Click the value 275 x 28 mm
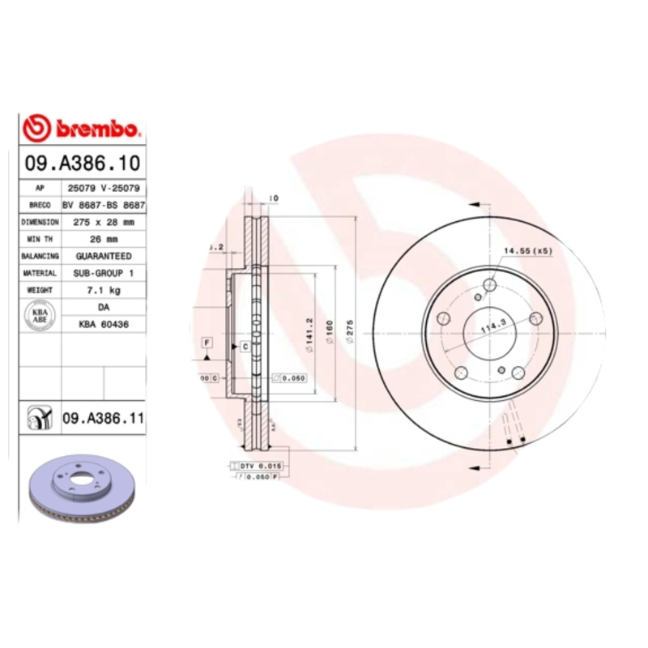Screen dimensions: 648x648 click(x=103, y=221)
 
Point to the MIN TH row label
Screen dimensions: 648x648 click(x=40, y=238)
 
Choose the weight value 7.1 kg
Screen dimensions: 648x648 click(x=103, y=289)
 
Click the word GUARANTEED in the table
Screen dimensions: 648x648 click(x=103, y=255)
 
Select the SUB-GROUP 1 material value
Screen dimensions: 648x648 click(x=103, y=273)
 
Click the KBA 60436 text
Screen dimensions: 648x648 click(x=103, y=323)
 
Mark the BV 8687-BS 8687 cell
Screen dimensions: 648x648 click(x=104, y=205)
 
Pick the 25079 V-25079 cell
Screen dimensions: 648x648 click(x=103, y=188)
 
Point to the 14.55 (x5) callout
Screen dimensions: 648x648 click(x=527, y=251)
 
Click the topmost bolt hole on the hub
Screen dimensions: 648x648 click(x=489, y=285)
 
